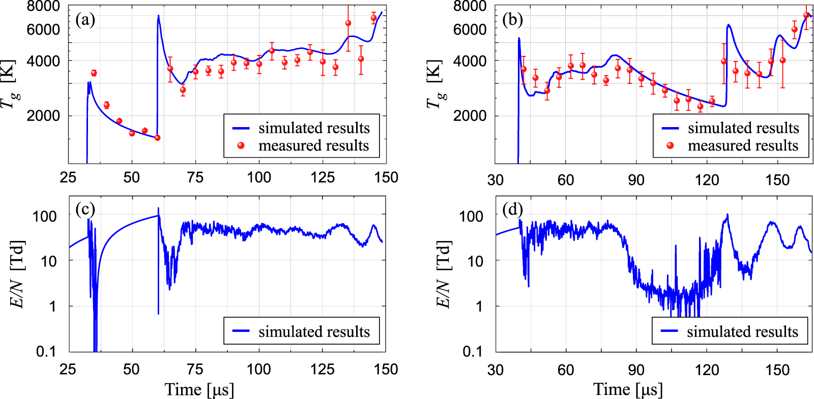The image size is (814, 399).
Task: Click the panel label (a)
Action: [x=85, y=20]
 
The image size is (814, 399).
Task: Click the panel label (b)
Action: [x=512, y=20]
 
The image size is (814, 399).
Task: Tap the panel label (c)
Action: [x=85, y=209]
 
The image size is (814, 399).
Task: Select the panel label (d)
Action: [x=512, y=209]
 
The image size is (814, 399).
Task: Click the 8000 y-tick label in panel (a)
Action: [x=43, y=6]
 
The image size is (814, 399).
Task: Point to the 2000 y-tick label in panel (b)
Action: [x=470, y=116]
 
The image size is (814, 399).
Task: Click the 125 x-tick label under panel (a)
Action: [x=323, y=177]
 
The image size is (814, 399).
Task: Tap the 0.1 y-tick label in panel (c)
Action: [x=46, y=351]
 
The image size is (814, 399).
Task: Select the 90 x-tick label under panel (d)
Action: [x=636, y=370]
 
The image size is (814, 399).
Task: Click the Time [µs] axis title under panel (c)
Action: [x=199, y=390]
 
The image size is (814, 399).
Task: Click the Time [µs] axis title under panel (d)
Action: [x=628, y=390]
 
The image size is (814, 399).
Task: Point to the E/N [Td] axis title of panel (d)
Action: [x=444, y=274]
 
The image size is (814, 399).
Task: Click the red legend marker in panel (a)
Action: [x=241, y=145]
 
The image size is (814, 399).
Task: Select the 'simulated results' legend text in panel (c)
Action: [x=314, y=331]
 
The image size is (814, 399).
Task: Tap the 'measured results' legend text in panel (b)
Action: [x=743, y=145]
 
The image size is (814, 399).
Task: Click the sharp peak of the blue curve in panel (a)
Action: [x=158, y=16]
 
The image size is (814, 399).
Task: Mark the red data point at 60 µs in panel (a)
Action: [x=157, y=138]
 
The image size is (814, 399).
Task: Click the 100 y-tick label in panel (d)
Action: [x=471, y=216]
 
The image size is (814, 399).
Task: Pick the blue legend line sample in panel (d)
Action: [x=670, y=331]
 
